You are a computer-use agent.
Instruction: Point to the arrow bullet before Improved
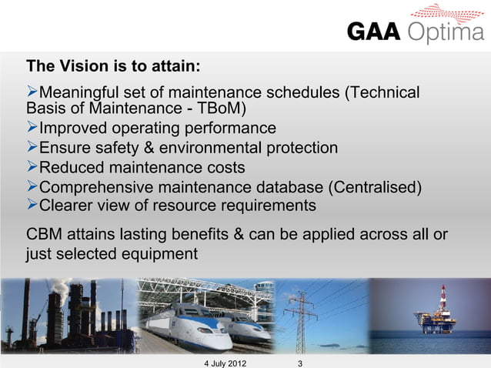(32, 127)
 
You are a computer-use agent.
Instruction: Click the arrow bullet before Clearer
(32, 206)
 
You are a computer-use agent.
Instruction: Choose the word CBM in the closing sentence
(45, 234)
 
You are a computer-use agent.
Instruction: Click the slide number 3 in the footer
(299, 361)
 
